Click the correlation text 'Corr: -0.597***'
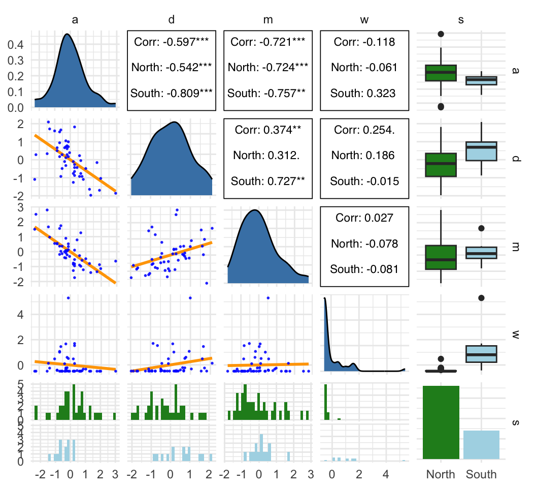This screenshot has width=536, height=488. click(171, 42)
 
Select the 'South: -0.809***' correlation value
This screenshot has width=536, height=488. click(171, 93)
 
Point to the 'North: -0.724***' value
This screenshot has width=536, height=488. click(267, 67)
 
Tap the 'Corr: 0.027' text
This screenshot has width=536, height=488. click(364, 218)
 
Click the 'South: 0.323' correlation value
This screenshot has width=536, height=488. click(364, 93)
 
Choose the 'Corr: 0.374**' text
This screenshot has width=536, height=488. click(267, 130)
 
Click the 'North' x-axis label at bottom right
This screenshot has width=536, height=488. click(441, 475)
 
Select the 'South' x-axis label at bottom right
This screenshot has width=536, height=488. click(481, 475)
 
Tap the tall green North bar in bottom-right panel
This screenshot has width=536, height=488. click(441, 422)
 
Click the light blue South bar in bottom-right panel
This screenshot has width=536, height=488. click(481, 444)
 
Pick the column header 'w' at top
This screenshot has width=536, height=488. click(364, 20)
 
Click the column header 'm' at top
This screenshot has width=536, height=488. click(267, 20)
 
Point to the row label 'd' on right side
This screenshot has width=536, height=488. click(516, 159)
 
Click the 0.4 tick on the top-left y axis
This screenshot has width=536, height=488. click(18, 45)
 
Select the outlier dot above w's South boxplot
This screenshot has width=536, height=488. click(481, 298)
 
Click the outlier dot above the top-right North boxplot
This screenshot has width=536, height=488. click(441, 34)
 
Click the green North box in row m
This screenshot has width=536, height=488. click(441, 257)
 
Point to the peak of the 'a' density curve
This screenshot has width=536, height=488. click(67, 35)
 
